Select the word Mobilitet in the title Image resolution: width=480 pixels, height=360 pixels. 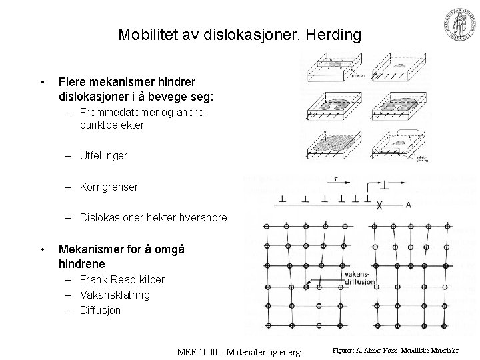pyautogui.click(x=144, y=34)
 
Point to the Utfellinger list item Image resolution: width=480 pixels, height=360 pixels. pyautogui.click(x=104, y=155)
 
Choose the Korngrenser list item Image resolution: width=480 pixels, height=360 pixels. pyautogui.click(x=109, y=187)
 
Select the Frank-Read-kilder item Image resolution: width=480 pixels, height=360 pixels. pyautogui.click(x=122, y=279)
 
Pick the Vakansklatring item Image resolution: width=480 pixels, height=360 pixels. pyautogui.click(x=115, y=295)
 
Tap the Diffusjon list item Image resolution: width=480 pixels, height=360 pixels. pyautogui.click(x=101, y=310)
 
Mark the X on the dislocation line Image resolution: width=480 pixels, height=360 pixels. pyautogui.click(x=379, y=205)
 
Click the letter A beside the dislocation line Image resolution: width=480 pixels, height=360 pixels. pyautogui.click(x=408, y=205)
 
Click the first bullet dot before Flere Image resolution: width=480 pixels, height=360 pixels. pyautogui.click(x=42, y=83)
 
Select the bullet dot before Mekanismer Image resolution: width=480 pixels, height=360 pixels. pyautogui.click(x=42, y=249)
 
